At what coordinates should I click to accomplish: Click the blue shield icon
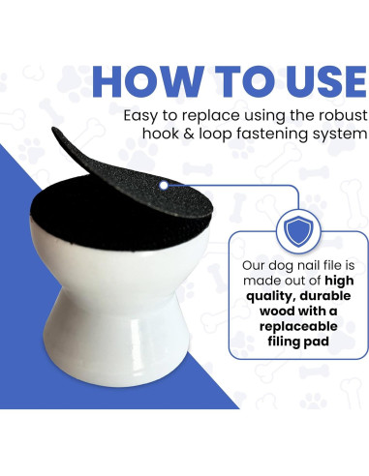tap(298, 231)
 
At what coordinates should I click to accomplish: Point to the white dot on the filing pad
tap(164, 186)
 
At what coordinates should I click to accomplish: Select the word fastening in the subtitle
tap(272, 134)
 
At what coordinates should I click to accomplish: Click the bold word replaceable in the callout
tap(298, 326)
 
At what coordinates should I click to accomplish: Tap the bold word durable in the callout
tap(323, 296)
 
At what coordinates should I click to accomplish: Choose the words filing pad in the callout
tap(298, 342)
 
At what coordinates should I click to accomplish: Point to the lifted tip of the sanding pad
tap(54, 129)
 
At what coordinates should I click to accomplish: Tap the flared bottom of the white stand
tap(117, 358)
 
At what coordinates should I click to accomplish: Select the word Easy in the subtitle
tap(140, 116)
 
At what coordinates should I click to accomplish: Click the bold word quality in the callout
tap(269, 296)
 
